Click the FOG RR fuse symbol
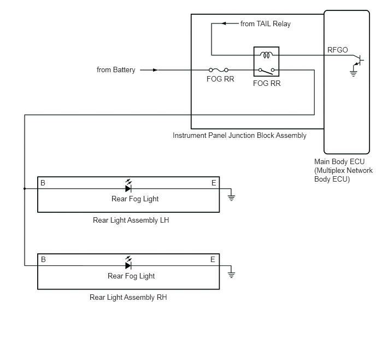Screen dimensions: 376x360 219,70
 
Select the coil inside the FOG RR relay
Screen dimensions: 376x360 266,55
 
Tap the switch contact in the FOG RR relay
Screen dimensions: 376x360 266,71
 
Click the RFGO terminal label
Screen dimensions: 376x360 337,50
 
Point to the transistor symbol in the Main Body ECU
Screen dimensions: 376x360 359,60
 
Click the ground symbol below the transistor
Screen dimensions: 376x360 353,73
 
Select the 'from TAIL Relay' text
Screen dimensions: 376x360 266,24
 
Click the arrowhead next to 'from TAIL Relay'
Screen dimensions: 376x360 224,24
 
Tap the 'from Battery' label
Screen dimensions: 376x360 116,70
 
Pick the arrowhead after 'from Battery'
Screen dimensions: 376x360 155,70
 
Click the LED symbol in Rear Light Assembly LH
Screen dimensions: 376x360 128,186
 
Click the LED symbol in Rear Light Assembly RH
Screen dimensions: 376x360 128,263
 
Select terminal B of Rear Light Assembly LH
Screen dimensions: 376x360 43,183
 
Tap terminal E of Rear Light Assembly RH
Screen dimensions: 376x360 213,259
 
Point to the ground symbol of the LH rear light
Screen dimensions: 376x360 231,198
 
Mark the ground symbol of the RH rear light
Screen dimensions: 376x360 231,275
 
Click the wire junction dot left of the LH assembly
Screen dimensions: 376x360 25,189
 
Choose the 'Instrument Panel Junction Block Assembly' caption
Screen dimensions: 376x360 239,135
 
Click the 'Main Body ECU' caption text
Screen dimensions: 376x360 339,161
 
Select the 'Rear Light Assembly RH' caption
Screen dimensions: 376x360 128,298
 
